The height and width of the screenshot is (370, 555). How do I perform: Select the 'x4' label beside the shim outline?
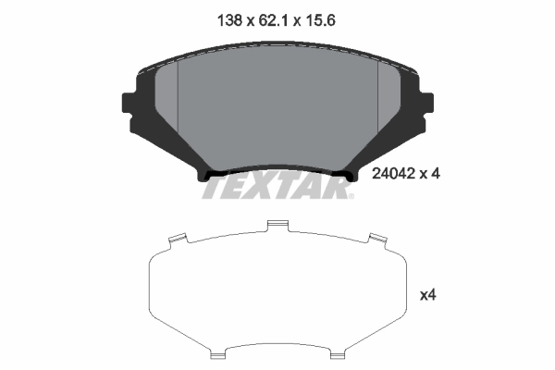(427, 296)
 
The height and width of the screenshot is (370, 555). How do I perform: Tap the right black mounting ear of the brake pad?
(424, 104)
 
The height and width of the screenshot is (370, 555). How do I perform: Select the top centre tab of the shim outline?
(277, 225)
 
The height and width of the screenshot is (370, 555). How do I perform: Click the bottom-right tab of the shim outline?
(339, 351)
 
